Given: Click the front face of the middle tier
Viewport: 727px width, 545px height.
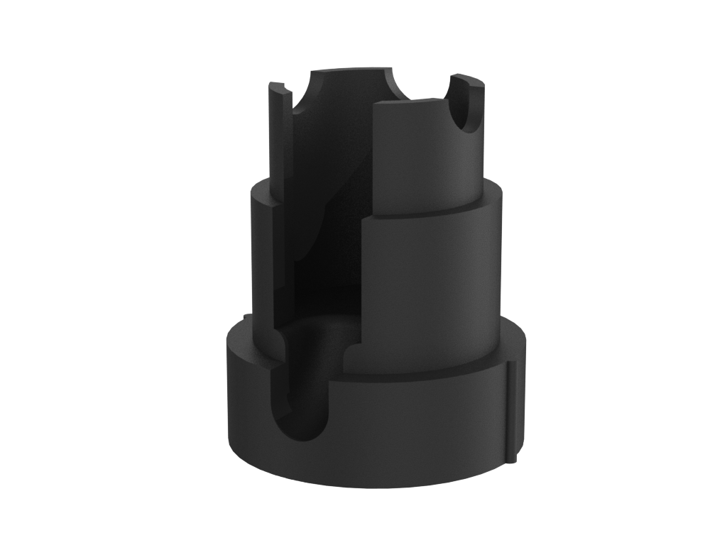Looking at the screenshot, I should pos(426,291).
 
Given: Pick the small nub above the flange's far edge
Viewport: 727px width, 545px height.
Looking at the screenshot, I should pos(244,316).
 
